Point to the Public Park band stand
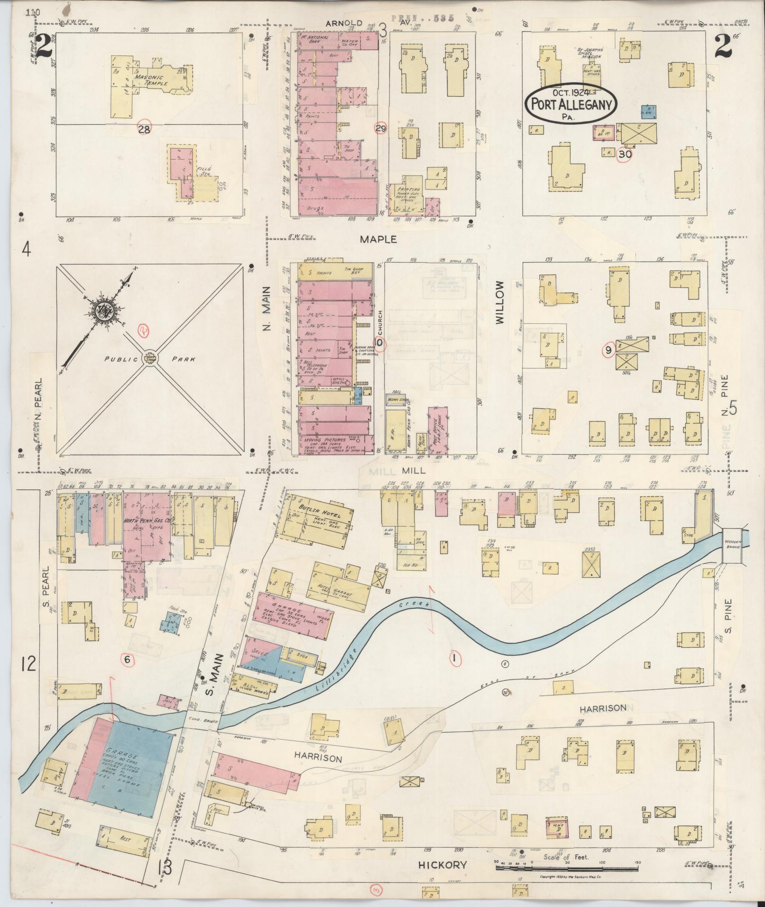click(x=150, y=359)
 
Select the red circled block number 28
click(x=144, y=129)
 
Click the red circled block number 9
click(x=608, y=351)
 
